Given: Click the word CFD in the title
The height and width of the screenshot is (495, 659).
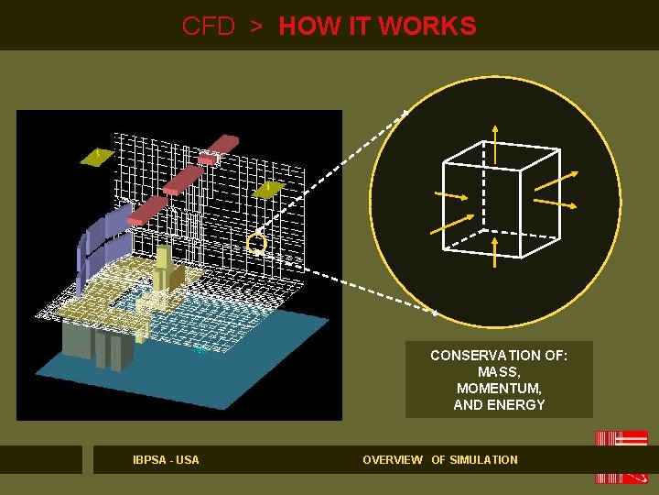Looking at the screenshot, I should tap(209, 26).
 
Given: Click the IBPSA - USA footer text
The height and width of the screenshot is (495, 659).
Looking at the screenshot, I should tap(166, 459).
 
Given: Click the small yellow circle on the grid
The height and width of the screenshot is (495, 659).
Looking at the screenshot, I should tap(257, 244).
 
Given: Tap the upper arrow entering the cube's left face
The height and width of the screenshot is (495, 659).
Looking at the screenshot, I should tap(449, 197).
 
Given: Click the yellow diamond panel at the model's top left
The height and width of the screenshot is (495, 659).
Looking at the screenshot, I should tap(97, 157).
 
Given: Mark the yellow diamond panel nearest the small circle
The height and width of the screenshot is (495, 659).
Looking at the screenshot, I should tap(267, 188).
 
